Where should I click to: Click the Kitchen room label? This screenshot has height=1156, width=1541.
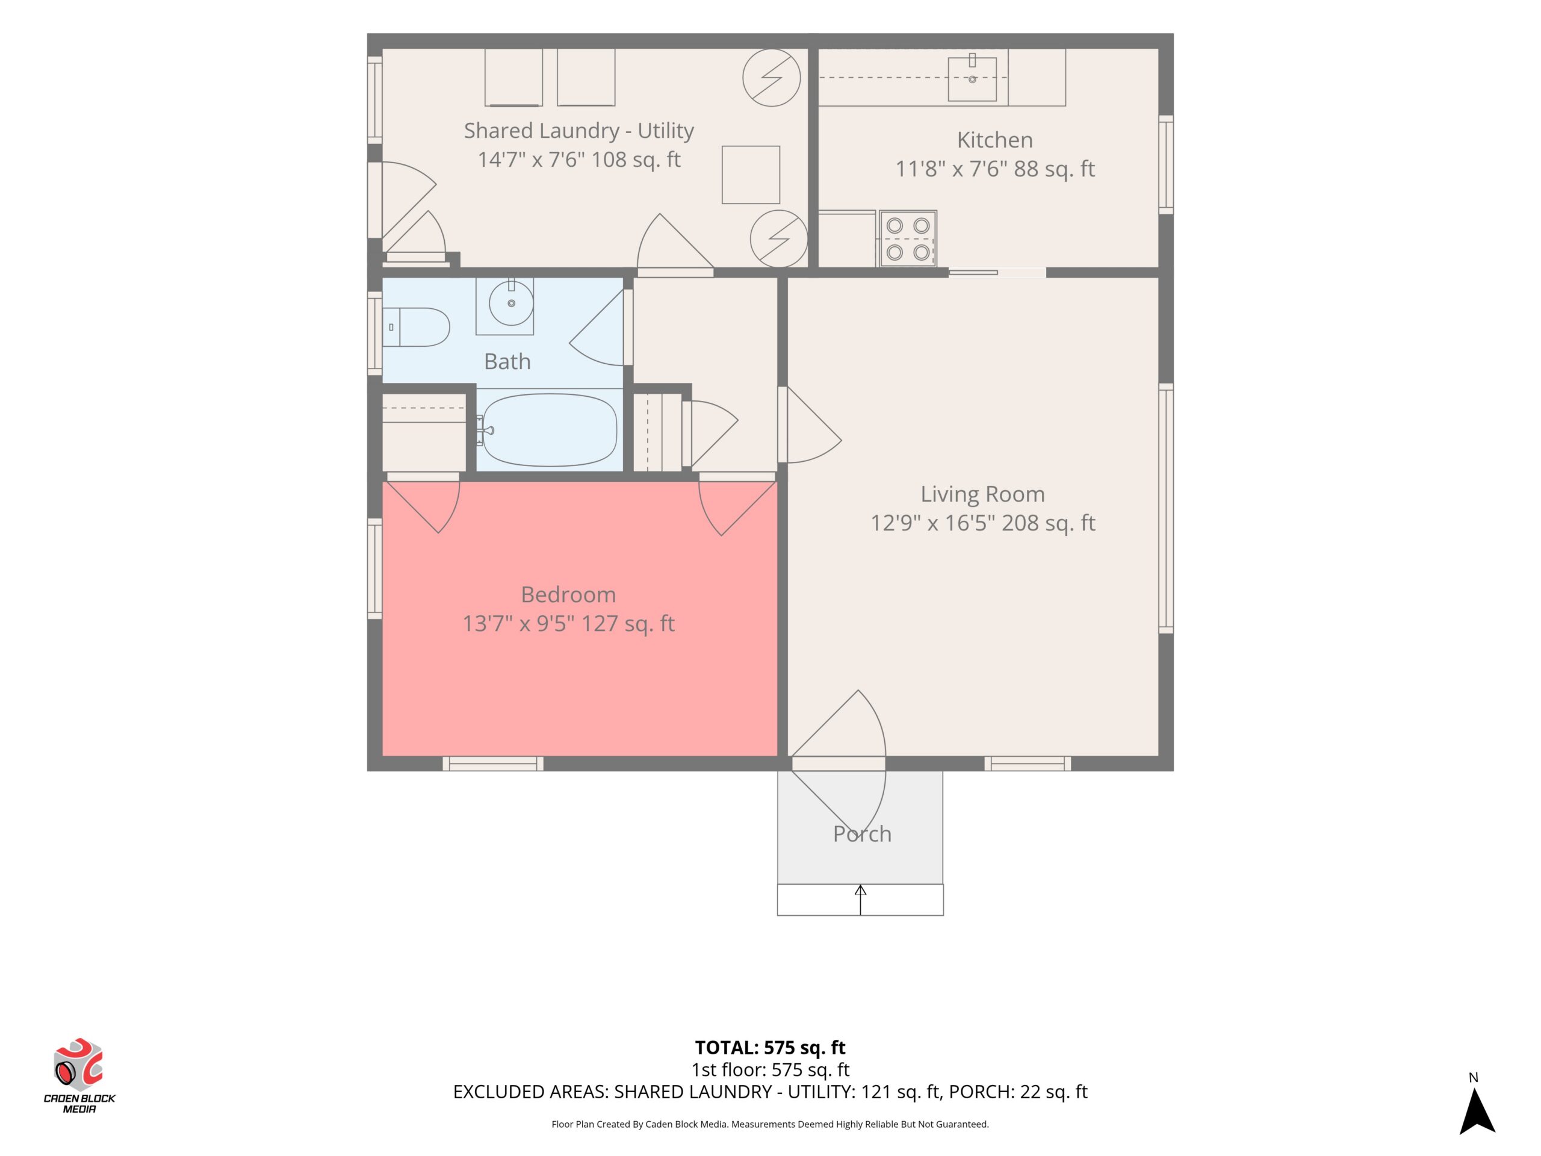pyautogui.click(x=994, y=140)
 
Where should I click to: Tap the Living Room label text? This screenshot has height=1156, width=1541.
pyautogui.click(x=982, y=494)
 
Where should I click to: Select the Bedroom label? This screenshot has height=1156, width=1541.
pyautogui.click(x=568, y=594)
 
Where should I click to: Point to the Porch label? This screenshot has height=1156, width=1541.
pyautogui.click(x=862, y=833)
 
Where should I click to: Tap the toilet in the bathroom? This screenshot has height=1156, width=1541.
pyautogui.click(x=416, y=327)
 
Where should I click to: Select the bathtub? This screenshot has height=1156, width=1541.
pyautogui.click(x=550, y=429)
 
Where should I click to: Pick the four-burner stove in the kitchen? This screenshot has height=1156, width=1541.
pyautogui.click(x=908, y=238)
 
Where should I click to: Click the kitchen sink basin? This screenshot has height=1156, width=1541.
pyautogui.click(x=972, y=79)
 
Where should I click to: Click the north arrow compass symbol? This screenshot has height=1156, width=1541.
pyautogui.click(x=1477, y=1111)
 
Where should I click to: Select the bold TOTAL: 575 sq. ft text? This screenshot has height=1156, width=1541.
pyautogui.click(x=770, y=1047)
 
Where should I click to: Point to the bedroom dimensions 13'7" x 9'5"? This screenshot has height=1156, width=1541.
pyautogui.click(x=519, y=623)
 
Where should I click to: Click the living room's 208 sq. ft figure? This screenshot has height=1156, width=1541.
pyautogui.click(x=1048, y=523)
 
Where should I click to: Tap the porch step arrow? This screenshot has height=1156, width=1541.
pyautogui.click(x=860, y=900)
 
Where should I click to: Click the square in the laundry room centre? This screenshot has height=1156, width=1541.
pyautogui.click(x=750, y=175)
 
